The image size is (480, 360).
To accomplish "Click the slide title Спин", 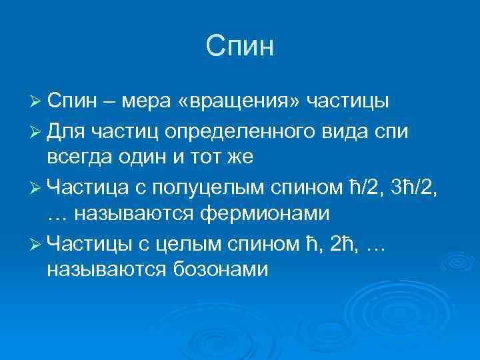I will tap(240, 47).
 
